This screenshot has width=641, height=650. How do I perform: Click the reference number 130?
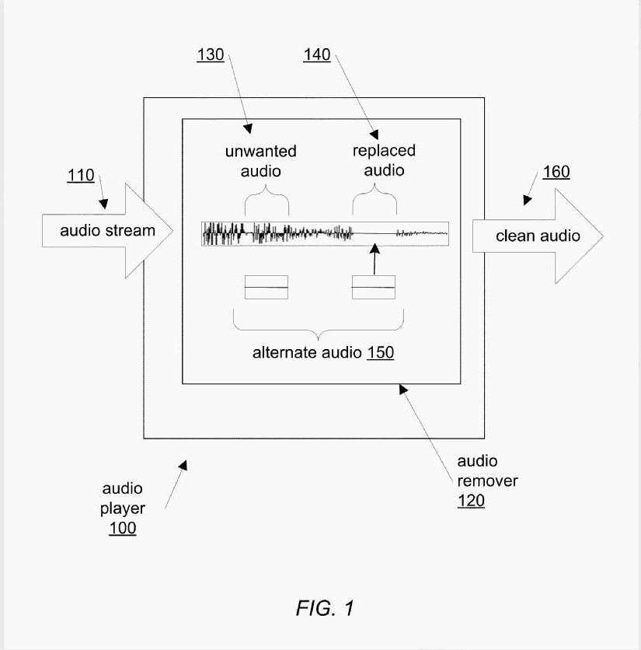210,55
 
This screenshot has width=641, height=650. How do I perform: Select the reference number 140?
316,55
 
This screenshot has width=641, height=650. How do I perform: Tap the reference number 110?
81,176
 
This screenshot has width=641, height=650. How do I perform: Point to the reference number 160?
556,172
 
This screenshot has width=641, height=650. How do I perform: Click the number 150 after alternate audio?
381,353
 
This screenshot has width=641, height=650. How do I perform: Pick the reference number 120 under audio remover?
470,501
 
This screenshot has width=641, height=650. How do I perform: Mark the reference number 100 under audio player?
122,529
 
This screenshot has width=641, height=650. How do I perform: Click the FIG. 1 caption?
325,607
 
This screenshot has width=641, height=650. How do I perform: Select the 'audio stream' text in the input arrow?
108,230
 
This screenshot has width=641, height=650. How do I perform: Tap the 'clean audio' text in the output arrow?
538,236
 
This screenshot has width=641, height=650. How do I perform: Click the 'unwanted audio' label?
260,160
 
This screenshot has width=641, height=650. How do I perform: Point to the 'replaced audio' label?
384,160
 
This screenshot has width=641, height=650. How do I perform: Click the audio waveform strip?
325,233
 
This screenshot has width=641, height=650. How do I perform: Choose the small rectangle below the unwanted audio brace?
267,287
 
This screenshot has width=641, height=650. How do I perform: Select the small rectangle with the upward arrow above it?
374,287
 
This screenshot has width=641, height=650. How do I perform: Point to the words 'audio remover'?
487,471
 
